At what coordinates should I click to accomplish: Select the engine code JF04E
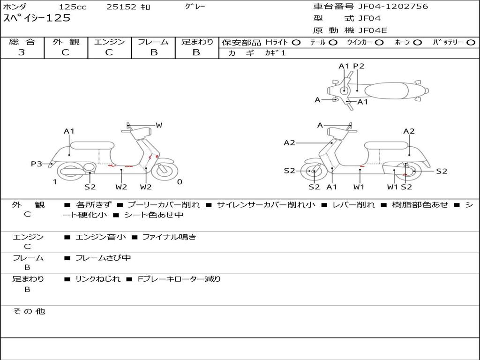tap(373, 31)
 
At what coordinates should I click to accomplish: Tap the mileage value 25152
tap(121, 7)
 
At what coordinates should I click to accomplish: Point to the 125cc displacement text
tap(72, 7)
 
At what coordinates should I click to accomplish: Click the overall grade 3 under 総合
tap(22, 52)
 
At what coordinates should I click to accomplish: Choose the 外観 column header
tap(66, 42)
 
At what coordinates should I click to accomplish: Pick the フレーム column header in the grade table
tap(153, 42)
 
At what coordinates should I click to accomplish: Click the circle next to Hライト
tap(296, 42)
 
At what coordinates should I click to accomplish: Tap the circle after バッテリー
tap(471, 42)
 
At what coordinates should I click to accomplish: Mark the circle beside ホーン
tap(417, 42)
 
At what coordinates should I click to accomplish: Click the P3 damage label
tap(37, 164)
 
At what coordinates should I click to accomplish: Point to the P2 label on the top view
tap(359, 66)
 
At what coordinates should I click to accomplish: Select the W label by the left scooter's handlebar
tap(159, 125)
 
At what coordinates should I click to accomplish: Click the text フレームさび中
tap(103, 258)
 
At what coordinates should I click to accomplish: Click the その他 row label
tap(29, 311)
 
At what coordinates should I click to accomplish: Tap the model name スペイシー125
tap(37, 18)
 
